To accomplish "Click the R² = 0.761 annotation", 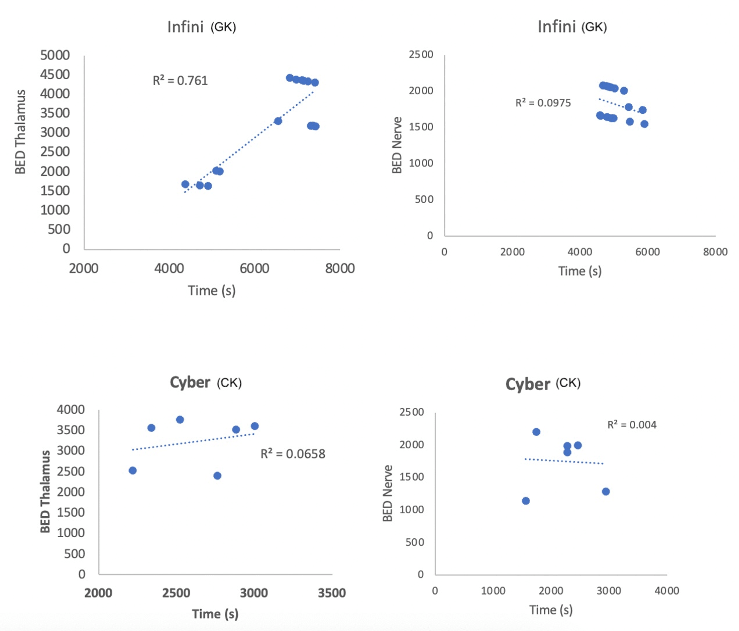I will pos(180,81).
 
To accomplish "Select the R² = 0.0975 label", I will pos(543,103).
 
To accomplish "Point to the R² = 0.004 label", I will pos(632,425).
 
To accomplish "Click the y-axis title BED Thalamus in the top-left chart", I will pos(21,132).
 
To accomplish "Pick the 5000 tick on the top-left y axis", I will pos(55,55).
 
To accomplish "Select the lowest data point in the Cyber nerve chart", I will pos(526,501).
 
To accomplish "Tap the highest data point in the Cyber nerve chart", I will pos(536,432).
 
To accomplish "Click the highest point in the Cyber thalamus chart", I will pos(180,420).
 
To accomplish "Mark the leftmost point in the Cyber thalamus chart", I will pos(133,471).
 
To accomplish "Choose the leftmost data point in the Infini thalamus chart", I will pos(185,184).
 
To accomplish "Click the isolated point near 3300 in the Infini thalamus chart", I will pos(278,121).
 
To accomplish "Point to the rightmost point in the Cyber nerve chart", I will pos(605,492).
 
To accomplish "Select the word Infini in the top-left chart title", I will pos(185,27).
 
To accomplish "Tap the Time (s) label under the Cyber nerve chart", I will pos(551,610).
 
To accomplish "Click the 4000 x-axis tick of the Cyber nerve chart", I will pos(667,591).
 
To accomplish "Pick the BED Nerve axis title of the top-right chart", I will pos(397,145).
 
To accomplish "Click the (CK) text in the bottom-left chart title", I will pos(229,383).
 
